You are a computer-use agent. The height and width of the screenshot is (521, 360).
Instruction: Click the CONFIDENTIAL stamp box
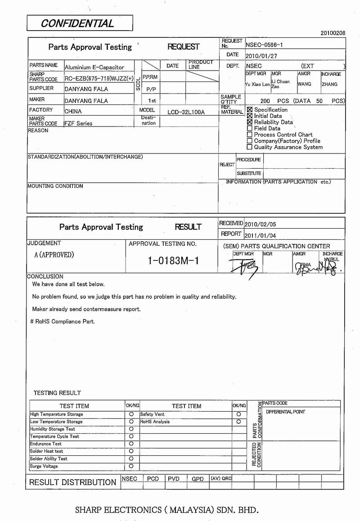pyautogui.click(x=80, y=23)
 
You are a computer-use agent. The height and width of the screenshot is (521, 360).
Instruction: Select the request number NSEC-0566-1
pyautogui.click(x=265, y=45)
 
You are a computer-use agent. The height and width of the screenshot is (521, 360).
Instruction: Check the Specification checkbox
pyautogui.click(x=250, y=110)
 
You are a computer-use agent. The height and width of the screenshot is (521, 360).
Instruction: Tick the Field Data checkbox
pyautogui.click(x=250, y=128)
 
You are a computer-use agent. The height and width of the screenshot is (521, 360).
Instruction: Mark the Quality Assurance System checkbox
pyautogui.click(x=250, y=147)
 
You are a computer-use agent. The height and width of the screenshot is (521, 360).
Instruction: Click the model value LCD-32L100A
pyautogui.click(x=186, y=112)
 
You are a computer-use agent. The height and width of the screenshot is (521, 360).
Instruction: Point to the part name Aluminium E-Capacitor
pyautogui.click(x=94, y=67)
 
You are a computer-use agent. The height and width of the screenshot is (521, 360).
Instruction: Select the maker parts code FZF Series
pyautogui.click(x=78, y=123)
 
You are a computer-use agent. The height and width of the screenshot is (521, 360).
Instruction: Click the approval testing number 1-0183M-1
pyautogui.click(x=173, y=261)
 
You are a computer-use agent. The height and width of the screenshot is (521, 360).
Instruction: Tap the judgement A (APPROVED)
pyautogui.click(x=54, y=255)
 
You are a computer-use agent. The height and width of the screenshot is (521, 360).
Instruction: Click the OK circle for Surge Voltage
pyautogui.click(x=131, y=466)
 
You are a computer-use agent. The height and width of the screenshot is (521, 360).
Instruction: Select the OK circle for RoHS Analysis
pyautogui.click(x=238, y=422)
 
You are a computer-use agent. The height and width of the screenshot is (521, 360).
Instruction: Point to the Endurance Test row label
pyautogui.click(x=46, y=444)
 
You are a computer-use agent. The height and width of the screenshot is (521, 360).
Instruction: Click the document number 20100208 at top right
pyautogui.click(x=333, y=33)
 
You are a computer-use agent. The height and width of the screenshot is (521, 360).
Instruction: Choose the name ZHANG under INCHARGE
pyautogui.click(x=329, y=84)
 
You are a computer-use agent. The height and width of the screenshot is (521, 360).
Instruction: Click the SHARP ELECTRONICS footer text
pyautogui.click(x=167, y=510)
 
